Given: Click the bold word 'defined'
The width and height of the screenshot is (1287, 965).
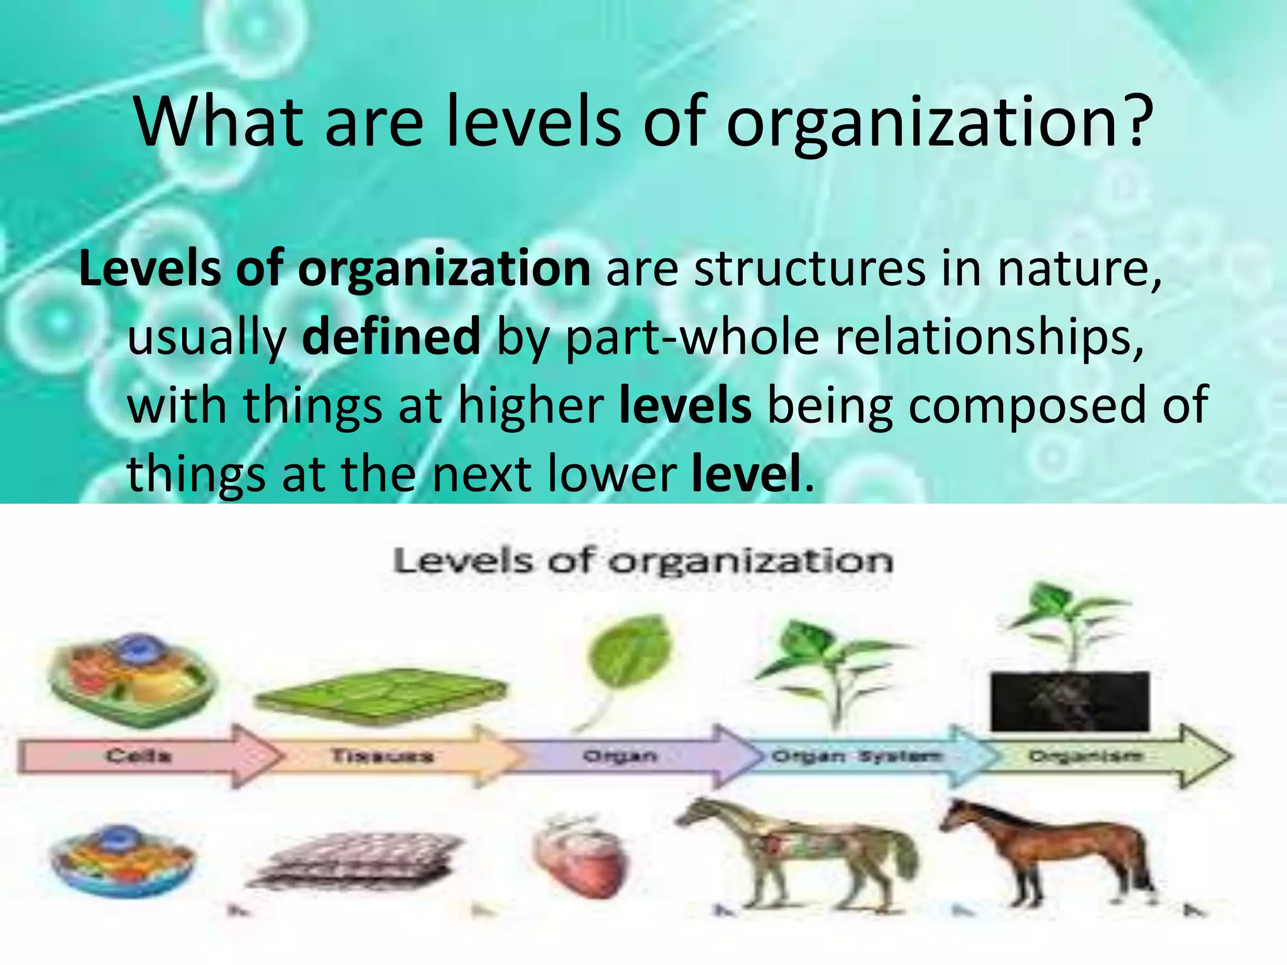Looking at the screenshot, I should tap(391, 337).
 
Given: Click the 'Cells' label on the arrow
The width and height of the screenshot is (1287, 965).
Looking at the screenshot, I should tap(138, 755).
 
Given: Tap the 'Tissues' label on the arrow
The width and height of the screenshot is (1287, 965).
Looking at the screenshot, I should tap(381, 755).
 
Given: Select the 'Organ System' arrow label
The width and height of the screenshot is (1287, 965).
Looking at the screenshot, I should tap(857, 756).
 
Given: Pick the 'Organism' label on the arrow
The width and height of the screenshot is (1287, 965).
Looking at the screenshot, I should tap(1085, 756).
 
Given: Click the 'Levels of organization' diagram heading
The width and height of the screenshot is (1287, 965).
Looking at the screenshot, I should tap(642, 560).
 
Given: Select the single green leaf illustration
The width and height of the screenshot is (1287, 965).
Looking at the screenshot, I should tap(628, 653).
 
